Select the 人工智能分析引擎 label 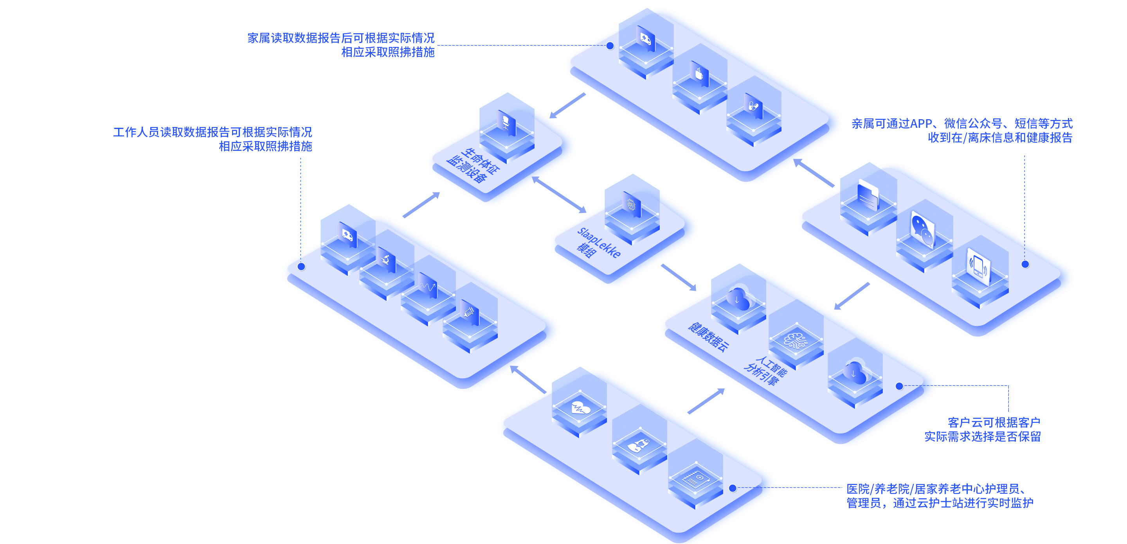(x=766, y=371)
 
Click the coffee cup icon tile (x=699, y=73)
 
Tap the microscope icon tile (x=386, y=260)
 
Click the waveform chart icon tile (x=427, y=286)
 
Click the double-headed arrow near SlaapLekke (x=559, y=195)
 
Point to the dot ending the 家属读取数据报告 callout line (x=610, y=46)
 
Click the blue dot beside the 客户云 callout (x=899, y=386)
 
